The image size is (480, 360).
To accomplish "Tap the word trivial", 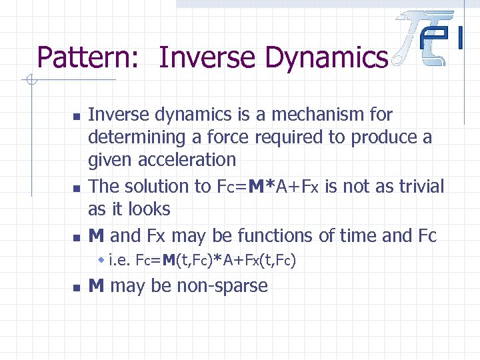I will point(417,187).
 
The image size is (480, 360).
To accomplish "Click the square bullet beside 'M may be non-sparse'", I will point(75,287).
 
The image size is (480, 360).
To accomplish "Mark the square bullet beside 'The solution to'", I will point(75,188).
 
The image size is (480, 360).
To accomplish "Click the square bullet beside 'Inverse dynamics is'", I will point(75,116).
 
